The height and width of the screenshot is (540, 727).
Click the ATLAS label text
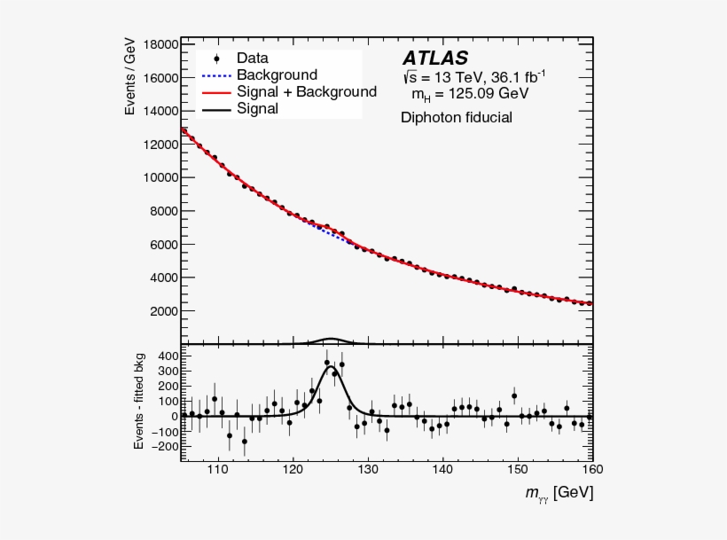[x=436, y=59]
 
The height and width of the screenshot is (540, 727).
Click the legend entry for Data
[x=252, y=59]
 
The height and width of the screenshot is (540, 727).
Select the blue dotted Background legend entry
[x=276, y=75]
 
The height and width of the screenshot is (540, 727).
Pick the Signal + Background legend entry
[x=306, y=92]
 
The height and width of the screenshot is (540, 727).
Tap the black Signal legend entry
[x=257, y=109]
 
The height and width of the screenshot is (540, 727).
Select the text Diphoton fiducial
[x=456, y=117]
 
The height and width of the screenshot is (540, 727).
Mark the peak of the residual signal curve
[x=331, y=365]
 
